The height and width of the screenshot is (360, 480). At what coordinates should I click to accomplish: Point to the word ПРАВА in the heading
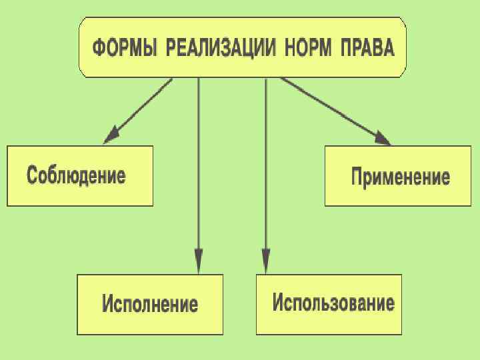[x=367, y=49]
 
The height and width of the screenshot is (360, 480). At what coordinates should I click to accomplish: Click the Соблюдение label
[x=76, y=176]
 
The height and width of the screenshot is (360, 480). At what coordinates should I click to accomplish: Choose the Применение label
[x=400, y=177]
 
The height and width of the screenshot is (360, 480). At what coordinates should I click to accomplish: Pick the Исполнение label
[x=150, y=304]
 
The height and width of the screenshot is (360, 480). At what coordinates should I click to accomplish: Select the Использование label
[x=333, y=303]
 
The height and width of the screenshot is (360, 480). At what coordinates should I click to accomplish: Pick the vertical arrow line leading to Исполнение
[x=198, y=167]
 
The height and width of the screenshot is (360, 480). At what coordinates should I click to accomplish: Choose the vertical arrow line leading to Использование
[x=266, y=167]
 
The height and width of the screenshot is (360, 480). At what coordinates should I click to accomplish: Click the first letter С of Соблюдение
[x=32, y=176]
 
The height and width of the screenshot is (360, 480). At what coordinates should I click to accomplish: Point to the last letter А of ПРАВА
[x=388, y=49]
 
